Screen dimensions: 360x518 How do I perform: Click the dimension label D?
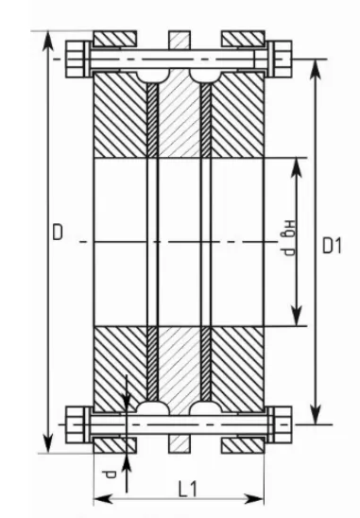pos(58,232)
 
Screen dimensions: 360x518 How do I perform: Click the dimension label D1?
pos(332,246)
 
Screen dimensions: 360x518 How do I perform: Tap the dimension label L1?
pos(188,490)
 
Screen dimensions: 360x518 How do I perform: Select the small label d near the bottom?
pos(110,475)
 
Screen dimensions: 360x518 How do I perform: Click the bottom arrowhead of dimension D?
pos(48,443)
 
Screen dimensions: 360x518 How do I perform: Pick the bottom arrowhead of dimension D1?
pos(317,414)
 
